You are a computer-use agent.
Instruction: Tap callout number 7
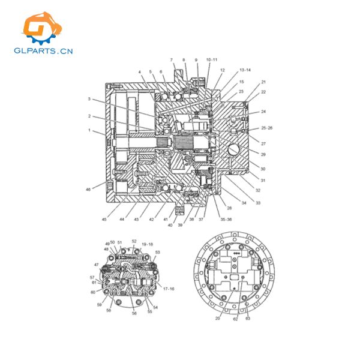171,60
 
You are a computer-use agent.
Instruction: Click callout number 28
230,208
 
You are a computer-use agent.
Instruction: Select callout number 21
263,82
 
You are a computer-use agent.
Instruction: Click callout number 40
170,225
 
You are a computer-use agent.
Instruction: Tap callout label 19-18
147,244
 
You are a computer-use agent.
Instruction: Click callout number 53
158,253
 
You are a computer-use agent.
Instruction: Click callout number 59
99,304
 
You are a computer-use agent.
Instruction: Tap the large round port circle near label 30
235,148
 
